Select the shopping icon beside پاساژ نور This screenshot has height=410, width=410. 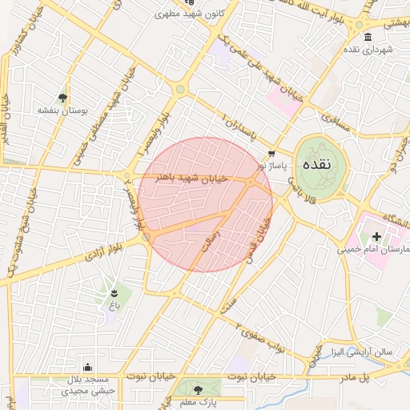[271, 153]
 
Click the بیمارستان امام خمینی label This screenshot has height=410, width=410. [376, 250]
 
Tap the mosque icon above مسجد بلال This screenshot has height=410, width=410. [87, 367]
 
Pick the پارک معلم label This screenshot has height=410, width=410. [197, 402]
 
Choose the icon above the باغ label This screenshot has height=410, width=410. [114, 293]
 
